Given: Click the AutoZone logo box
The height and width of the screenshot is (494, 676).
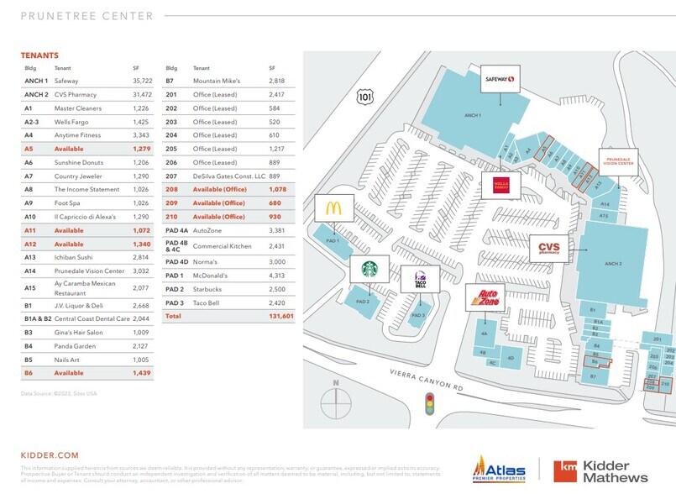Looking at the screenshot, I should [483, 298].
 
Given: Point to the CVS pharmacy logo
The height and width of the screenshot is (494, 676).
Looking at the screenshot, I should [549, 247].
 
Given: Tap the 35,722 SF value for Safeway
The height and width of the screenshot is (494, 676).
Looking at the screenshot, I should [137, 81].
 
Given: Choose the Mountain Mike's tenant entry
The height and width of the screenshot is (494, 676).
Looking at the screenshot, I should [217, 81].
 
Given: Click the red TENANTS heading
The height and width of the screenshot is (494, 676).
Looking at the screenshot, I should [40, 55].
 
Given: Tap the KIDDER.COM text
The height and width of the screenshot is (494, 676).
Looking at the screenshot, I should [49, 455].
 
